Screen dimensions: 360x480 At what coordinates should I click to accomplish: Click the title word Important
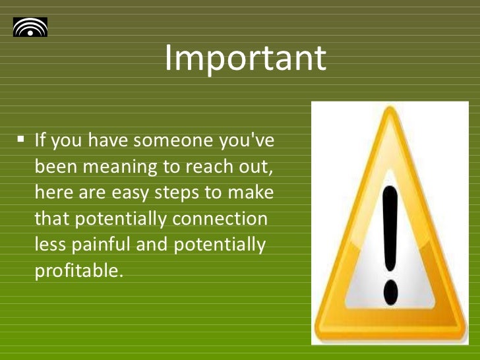(x=245, y=59)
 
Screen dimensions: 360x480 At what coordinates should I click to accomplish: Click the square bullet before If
(x=21, y=140)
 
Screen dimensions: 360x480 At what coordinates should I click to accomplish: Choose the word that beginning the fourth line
(x=49, y=218)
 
